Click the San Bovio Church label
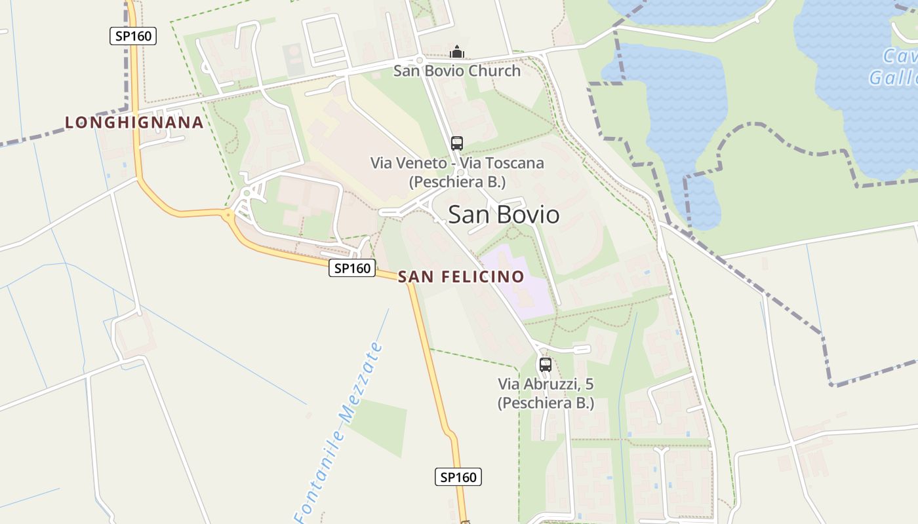pos(456,71)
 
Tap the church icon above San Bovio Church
pos(457,52)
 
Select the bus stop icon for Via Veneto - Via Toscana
pos(457,143)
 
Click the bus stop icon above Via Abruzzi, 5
pos(545,364)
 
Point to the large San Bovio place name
pos(504,215)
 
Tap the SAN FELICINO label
pos(461,276)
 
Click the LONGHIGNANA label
pos(134,122)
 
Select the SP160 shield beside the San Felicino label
pos(352,267)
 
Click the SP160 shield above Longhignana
pos(133,36)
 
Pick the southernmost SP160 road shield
pos(458,477)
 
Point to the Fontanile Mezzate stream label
pos(338,432)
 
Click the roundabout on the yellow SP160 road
pos(228,214)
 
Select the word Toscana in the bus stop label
pos(514,162)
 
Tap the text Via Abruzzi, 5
pos(546,384)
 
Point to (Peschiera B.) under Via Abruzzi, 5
pos(546,403)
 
